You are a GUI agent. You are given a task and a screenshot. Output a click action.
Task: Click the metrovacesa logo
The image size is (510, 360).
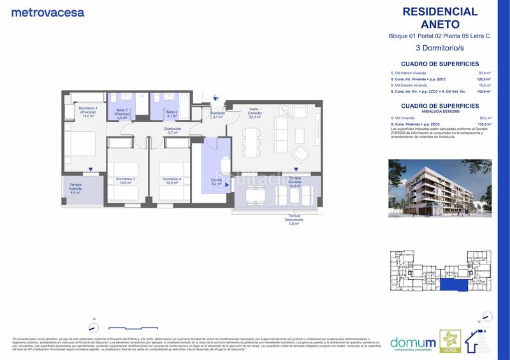47,12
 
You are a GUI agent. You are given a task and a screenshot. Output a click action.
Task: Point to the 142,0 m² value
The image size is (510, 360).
484,92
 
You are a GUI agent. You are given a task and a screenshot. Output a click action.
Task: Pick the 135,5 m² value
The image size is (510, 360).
484,124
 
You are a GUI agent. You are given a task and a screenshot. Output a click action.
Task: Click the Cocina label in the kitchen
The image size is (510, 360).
217,182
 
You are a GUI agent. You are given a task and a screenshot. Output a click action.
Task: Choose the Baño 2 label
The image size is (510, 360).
163,114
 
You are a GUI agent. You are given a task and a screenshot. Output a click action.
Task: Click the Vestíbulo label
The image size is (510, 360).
217,115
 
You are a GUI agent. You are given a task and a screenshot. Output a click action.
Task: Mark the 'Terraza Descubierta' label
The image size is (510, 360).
294,220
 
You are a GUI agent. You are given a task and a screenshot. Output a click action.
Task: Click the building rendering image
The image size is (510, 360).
440,187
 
